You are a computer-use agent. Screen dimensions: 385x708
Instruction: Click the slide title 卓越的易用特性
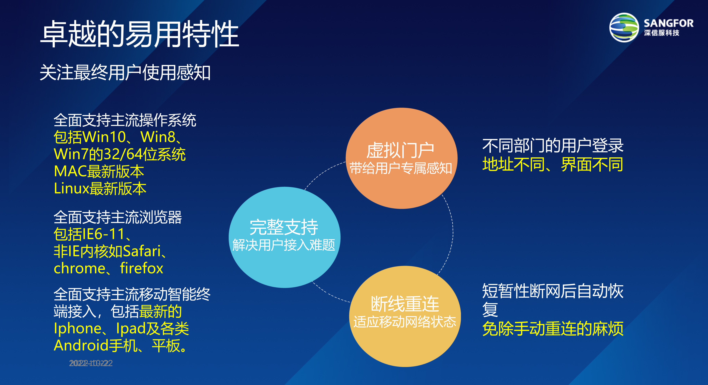(x=140, y=34)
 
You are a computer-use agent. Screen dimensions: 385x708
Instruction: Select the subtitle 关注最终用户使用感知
(x=125, y=73)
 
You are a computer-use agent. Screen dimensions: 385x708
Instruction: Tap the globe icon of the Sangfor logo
(x=624, y=27)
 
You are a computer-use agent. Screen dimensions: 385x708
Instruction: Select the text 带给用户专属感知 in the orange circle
(x=401, y=168)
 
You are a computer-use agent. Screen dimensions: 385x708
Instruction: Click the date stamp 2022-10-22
(x=91, y=363)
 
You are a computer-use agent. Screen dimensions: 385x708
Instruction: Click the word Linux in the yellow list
(x=72, y=189)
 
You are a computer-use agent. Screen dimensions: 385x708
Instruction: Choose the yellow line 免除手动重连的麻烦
(x=552, y=329)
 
